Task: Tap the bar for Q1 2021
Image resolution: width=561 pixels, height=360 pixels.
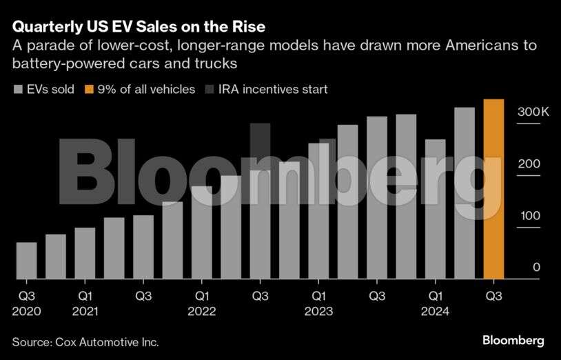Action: coord(85,253)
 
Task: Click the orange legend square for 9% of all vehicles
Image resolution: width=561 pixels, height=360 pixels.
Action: coord(90,90)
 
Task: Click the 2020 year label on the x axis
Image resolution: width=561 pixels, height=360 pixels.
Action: coord(26,312)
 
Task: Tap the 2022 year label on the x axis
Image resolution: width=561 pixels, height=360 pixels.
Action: coord(201,312)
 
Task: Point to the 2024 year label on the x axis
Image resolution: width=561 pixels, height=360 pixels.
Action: coord(435,312)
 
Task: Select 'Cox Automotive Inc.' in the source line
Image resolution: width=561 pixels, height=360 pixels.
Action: coord(109,341)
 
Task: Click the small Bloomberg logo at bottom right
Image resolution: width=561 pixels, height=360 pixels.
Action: coord(513,341)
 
